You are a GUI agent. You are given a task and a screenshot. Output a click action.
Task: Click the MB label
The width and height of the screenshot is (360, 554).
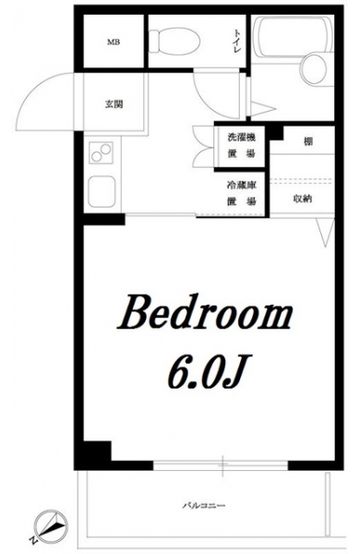[114, 42]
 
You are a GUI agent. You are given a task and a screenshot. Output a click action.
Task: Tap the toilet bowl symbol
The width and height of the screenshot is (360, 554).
[174, 41]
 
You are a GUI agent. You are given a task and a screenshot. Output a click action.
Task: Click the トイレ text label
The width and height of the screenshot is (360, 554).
[236, 42]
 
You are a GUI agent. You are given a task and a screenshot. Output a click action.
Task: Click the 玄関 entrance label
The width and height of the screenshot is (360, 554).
[114, 104]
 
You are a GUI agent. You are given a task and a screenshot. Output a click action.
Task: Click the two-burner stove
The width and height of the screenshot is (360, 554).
[101, 152]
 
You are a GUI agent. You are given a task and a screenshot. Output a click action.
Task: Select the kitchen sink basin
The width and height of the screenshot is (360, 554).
[102, 191]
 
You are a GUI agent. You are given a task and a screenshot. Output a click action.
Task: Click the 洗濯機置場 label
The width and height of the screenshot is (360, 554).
[241, 145]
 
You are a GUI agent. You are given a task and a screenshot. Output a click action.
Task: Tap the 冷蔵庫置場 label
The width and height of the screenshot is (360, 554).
[241, 193]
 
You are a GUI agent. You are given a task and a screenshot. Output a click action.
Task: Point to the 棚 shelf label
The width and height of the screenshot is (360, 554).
[307, 142]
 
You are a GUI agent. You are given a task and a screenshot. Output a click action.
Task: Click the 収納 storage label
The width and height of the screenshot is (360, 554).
[303, 199]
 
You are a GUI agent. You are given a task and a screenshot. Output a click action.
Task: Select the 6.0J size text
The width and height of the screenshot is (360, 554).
[207, 373]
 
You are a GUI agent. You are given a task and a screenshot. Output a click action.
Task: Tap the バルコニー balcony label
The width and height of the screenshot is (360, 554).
[204, 506]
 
